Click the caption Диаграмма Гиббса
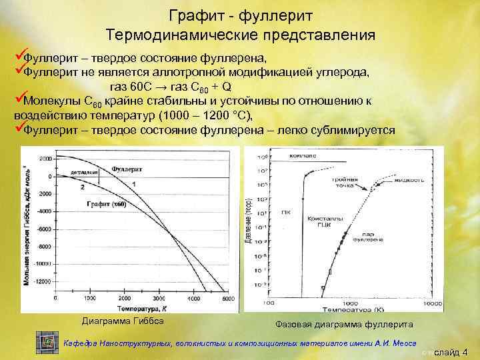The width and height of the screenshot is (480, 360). [x=123, y=321]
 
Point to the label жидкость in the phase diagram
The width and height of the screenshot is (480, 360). [x=409, y=179]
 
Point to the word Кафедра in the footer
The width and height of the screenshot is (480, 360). [x=79, y=343]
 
